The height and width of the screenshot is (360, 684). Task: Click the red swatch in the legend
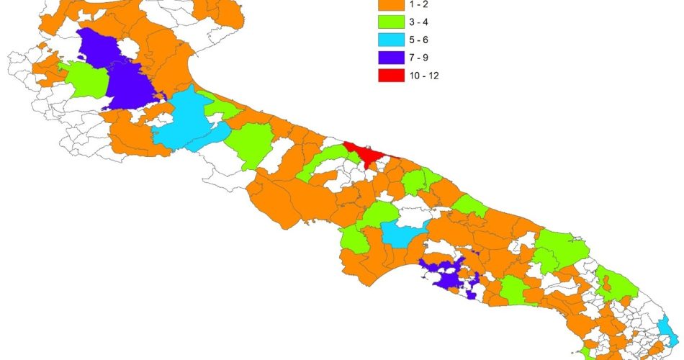(x=390, y=74)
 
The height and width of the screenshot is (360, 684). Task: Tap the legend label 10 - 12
(x=424, y=74)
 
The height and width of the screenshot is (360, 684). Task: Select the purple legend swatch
(x=390, y=56)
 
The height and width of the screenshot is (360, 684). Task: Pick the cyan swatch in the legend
(x=390, y=38)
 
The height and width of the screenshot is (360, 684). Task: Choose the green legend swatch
(x=390, y=20)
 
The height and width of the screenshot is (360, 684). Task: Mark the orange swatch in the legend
(x=390, y=4)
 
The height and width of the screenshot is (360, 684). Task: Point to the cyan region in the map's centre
(x=403, y=233)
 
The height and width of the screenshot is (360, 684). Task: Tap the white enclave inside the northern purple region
(x=130, y=50)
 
